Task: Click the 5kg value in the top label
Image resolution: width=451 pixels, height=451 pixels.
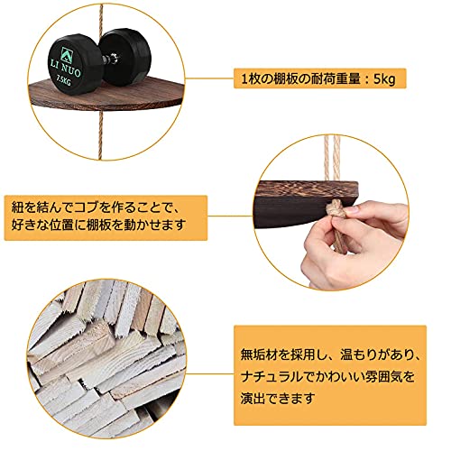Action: (x=384, y=79)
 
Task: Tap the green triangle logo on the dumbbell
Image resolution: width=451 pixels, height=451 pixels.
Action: (x=66, y=54)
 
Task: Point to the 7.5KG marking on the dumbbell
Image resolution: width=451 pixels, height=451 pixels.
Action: (x=64, y=80)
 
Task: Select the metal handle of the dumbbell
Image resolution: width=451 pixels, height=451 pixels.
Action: (x=112, y=58)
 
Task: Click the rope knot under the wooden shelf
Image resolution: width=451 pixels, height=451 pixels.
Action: (x=336, y=209)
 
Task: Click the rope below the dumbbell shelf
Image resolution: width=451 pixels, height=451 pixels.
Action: (x=100, y=135)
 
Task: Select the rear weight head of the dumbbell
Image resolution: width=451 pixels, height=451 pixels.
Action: (x=125, y=56)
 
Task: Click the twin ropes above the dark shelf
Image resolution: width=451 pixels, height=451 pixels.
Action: (x=332, y=159)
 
